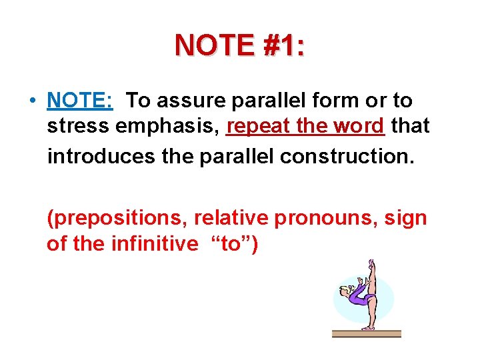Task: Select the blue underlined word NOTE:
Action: click(80, 101)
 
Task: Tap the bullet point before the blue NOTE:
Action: click(32, 101)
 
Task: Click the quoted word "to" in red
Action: click(229, 244)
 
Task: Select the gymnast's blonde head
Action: click(346, 291)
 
